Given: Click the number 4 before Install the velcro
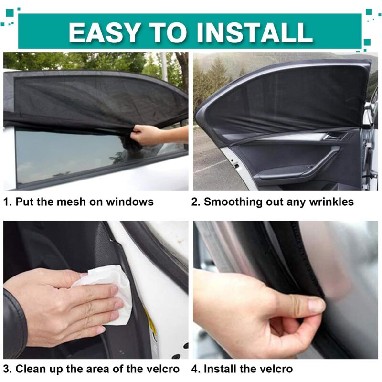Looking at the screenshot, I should (194, 369).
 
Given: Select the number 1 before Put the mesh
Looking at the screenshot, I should (6, 202).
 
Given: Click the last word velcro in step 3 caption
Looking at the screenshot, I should (162, 369).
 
